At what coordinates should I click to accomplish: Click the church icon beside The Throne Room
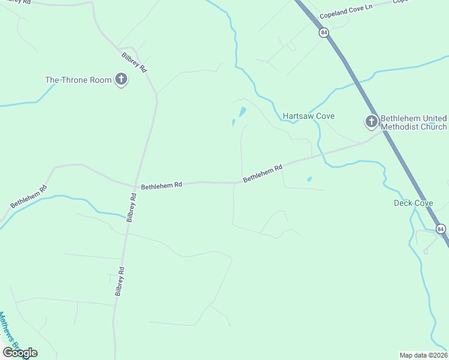point(121,79)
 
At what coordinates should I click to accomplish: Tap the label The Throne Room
point(79,80)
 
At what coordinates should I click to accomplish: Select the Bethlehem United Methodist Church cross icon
point(371,122)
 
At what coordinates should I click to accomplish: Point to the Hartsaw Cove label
point(309,116)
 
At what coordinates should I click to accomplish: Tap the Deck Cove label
point(413,203)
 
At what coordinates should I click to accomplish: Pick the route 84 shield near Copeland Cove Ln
point(324,34)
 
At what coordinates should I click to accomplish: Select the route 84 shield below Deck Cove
point(441,229)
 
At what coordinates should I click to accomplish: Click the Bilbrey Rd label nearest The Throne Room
point(134,62)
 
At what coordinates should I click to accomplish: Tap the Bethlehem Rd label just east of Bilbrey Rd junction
point(161,186)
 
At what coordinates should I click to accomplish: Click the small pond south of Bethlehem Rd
point(309,179)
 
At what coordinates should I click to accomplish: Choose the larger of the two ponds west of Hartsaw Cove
point(242,112)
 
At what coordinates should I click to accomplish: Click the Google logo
point(20,352)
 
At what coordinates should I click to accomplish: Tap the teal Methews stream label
point(9,330)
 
